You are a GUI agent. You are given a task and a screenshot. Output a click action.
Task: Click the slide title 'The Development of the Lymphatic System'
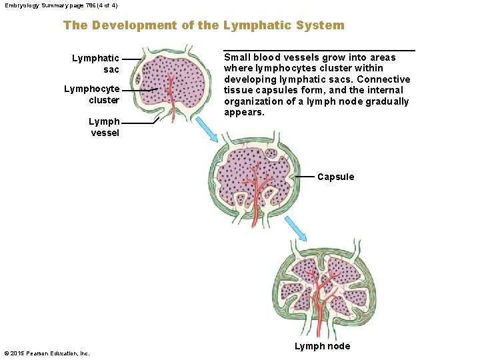tap(203, 25)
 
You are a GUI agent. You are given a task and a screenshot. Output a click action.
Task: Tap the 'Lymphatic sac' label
tap(96, 64)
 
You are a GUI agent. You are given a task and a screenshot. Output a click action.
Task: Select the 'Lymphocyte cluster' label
tap(92, 95)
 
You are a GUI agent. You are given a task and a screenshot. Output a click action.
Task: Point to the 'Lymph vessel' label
tap(104, 127)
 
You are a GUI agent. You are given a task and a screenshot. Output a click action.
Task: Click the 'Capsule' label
tap(335, 177)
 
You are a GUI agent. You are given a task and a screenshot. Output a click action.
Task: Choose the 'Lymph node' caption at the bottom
tap(322, 345)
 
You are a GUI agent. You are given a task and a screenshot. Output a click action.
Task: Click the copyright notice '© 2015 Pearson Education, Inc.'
tap(47, 353)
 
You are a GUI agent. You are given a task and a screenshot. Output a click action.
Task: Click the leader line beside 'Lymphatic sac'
tap(132, 59)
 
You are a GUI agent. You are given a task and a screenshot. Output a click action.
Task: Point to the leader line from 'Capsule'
tap(303, 177)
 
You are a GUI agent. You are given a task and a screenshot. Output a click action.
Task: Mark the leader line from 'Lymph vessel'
tap(140, 123)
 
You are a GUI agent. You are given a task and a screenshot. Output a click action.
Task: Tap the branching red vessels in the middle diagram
tap(253, 183)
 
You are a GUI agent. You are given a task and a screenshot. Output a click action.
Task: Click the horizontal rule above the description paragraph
tap(319, 50)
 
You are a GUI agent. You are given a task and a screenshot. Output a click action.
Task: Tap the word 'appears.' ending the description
tap(244, 113)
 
